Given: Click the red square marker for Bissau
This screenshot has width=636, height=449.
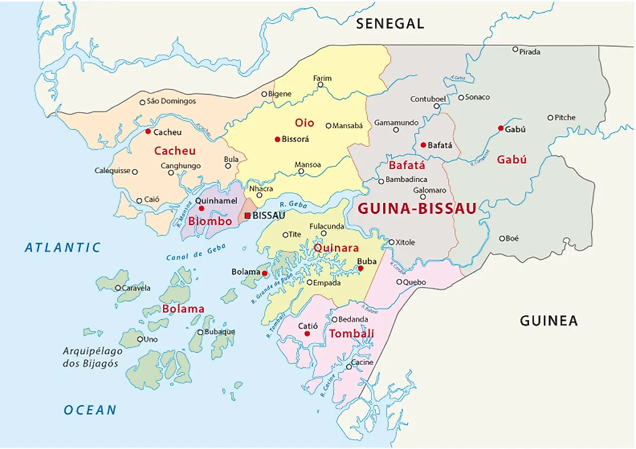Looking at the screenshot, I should (248, 215).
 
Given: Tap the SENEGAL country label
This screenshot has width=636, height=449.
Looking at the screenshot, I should (390, 23).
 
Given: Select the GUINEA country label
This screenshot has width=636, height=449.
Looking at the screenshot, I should (549, 320).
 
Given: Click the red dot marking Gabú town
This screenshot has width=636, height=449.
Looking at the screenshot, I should (501, 128).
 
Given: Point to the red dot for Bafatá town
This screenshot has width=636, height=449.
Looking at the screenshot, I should (423, 145).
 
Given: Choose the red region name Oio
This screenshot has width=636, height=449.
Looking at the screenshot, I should (304, 123).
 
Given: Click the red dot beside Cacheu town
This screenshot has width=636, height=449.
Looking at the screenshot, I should (148, 132).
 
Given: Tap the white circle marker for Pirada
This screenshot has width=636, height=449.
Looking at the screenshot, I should (515, 49).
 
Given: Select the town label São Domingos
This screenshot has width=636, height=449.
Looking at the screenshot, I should (171, 101).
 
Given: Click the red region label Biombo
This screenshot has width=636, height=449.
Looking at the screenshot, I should (210, 221).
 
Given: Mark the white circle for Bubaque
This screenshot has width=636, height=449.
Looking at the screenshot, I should (200, 333).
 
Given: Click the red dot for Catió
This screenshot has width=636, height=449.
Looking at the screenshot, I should (307, 334).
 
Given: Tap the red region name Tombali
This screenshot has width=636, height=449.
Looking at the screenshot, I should (351, 334).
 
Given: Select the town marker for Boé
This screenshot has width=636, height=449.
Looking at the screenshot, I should (502, 238).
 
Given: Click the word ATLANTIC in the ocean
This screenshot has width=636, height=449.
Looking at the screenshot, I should (63, 247).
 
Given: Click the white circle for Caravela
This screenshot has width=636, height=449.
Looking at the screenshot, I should (118, 288).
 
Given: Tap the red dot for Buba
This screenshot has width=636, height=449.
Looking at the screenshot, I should (360, 268).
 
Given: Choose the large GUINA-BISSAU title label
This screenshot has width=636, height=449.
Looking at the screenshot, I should (417, 209).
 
